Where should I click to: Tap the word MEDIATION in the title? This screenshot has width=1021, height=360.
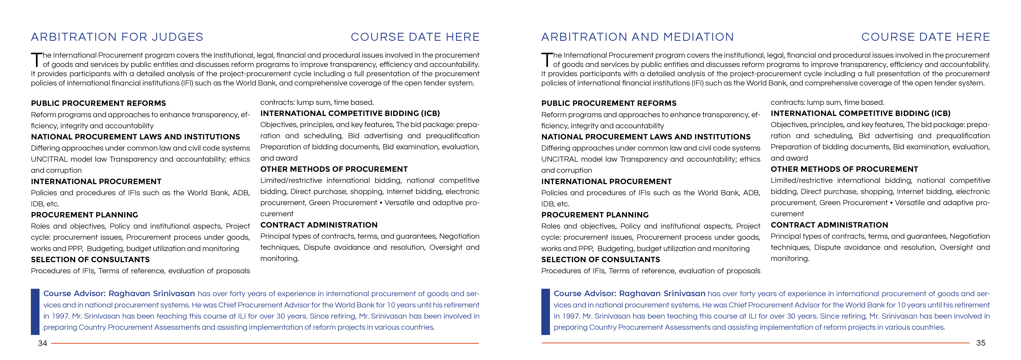pyautogui.click(x=698, y=37)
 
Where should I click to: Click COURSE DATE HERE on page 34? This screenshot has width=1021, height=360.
pyautogui.click(x=415, y=37)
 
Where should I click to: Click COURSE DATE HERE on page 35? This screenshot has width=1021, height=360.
pyautogui.click(x=926, y=37)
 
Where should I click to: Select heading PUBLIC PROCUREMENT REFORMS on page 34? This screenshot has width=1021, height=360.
pyautogui.click(x=98, y=103)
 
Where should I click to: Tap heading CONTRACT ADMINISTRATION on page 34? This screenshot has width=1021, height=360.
pyautogui.click(x=319, y=225)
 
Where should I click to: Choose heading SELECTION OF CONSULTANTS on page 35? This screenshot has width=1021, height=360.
pyautogui.click(x=601, y=260)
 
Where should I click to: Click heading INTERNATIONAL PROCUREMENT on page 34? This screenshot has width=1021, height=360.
pyautogui.click(x=96, y=182)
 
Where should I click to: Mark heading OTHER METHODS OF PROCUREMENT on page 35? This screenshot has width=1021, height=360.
pyautogui.click(x=844, y=169)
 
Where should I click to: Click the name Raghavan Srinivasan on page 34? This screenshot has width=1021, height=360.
pyautogui.click(x=151, y=294)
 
